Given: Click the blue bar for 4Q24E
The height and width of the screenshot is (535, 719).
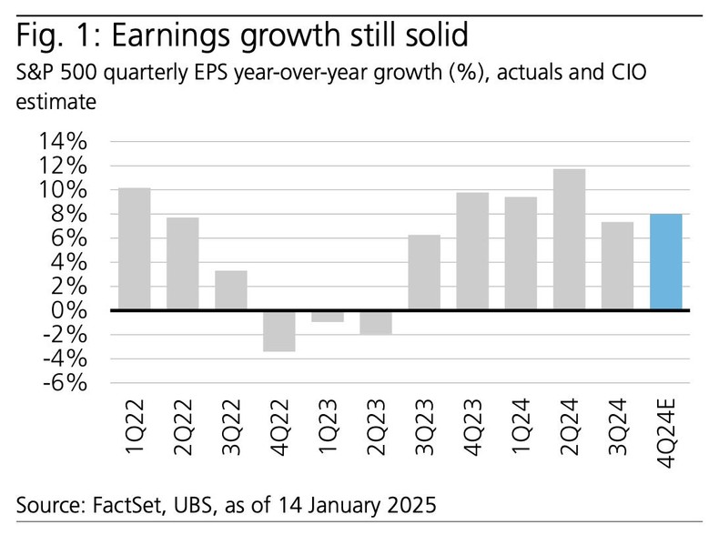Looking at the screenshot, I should [666, 262].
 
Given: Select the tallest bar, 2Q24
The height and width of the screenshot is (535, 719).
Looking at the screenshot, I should [569, 239].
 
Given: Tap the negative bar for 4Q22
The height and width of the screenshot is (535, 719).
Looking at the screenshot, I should [278, 330].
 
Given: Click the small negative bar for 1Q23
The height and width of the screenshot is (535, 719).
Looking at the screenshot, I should [327, 316].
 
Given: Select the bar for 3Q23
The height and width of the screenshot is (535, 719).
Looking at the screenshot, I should [424, 272].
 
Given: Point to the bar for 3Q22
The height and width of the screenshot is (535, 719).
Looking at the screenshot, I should [230, 290].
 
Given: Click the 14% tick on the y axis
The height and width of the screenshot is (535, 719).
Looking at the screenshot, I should [62, 143].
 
